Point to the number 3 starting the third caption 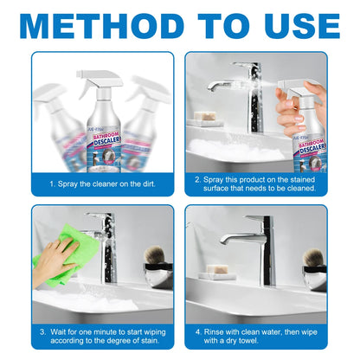(x=42, y=332)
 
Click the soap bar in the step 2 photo (x=204, y=116)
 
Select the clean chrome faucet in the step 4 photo (x=255, y=247)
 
